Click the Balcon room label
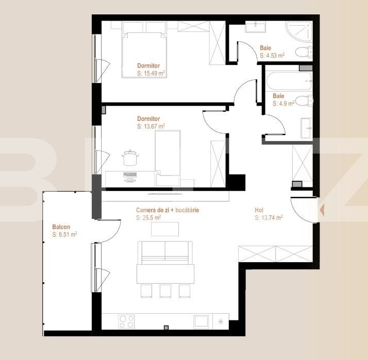pos(61,227)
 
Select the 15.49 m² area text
pos(151,74)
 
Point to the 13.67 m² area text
pos(151,126)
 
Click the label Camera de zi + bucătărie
pos(168,210)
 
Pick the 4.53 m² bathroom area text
pos(272,55)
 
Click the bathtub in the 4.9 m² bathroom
pos(288,81)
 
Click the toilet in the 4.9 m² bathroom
pos(304,100)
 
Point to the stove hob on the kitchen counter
pos(127,321)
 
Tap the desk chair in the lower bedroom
pos(129,157)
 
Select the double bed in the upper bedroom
pos(145,54)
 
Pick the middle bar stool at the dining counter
pos(165,290)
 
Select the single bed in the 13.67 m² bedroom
pos(168,157)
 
